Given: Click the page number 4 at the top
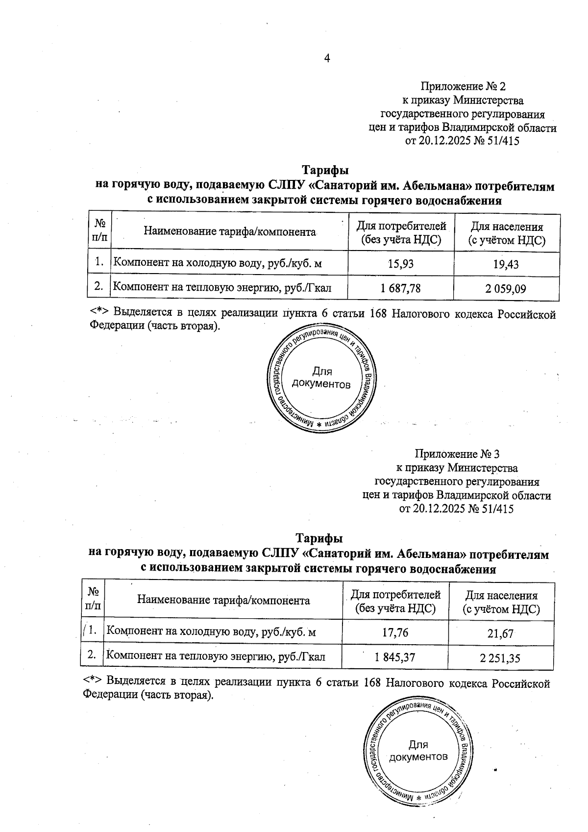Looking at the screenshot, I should click(x=327, y=58).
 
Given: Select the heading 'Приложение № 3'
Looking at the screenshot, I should click(x=457, y=454).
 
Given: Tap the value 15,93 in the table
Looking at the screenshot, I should click(x=400, y=264).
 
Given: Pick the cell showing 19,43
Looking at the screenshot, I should click(x=506, y=265).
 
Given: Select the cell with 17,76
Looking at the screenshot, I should click(x=394, y=632).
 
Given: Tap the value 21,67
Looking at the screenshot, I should click(x=500, y=633).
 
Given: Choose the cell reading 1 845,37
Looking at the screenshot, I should click(x=395, y=656).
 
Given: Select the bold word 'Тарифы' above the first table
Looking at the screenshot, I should click(x=325, y=171).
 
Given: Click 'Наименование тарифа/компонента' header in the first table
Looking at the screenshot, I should click(x=229, y=232).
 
